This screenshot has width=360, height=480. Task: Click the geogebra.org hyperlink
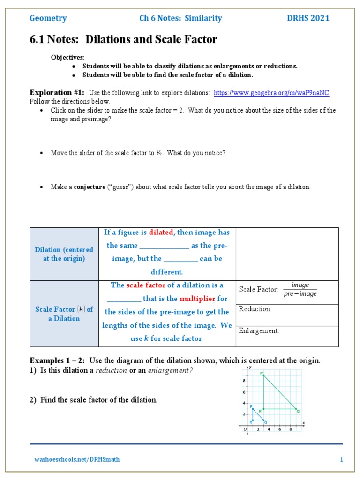tap(271, 93)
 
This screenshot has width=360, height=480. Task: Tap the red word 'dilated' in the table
tap(161, 232)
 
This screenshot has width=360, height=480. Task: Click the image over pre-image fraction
tap(300, 290)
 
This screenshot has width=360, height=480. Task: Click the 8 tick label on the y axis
tap(244, 381)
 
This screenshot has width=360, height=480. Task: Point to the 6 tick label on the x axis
tap(280, 429)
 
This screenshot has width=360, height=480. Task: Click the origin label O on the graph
tap(243, 429)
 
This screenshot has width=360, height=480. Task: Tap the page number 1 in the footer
tap(342, 459)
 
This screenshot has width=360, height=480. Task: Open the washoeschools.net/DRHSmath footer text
tap(77, 459)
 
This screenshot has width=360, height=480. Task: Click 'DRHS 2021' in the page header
tap(308, 18)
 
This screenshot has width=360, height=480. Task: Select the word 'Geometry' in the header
tap(48, 18)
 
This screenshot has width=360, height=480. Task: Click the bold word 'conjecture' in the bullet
tap(90, 187)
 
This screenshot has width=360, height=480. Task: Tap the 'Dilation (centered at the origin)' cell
tap(64, 254)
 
